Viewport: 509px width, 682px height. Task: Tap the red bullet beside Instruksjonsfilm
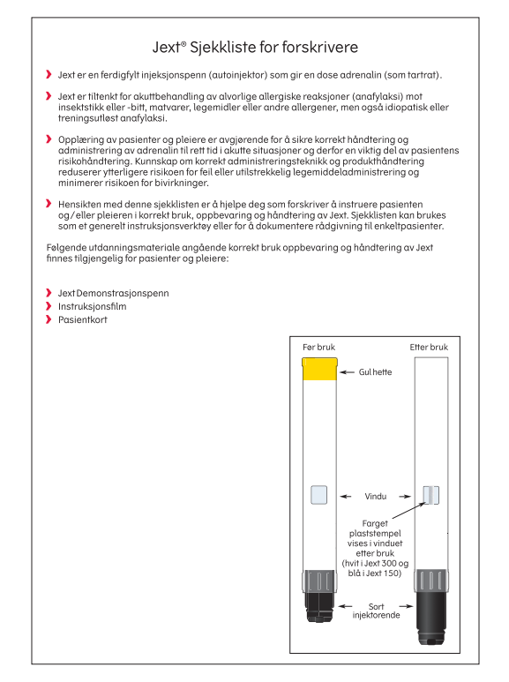click(49, 306)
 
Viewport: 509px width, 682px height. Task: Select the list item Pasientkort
click(83, 319)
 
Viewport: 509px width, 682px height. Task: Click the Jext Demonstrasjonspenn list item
click(114, 293)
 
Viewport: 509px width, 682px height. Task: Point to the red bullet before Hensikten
click(49, 204)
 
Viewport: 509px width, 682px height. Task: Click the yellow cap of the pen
click(319, 369)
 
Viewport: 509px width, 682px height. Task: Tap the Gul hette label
click(375, 372)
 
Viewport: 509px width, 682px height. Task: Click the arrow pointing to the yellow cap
click(348, 372)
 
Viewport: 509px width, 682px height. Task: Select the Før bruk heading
click(318, 347)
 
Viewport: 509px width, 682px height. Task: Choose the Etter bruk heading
click(429, 347)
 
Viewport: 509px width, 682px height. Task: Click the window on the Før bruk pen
click(318, 495)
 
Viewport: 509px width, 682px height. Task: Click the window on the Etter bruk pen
click(431, 495)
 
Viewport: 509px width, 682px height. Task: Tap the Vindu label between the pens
click(376, 496)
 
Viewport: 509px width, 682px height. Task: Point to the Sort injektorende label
click(376, 611)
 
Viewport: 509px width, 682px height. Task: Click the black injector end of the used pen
click(431, 617)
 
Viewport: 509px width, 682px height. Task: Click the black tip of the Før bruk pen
click(319, 606)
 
